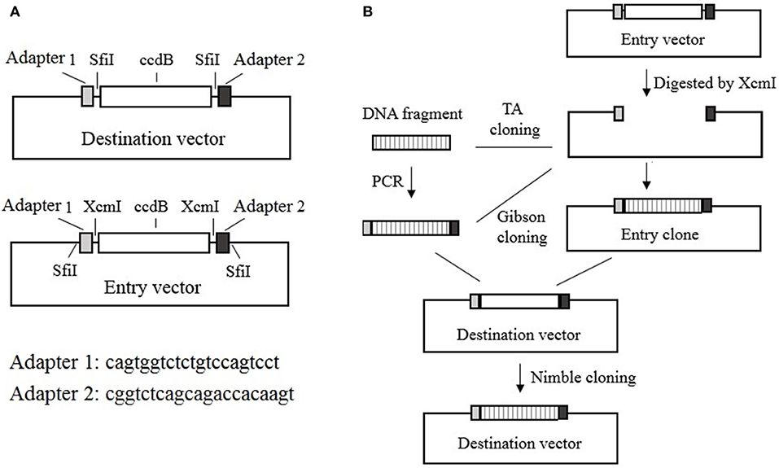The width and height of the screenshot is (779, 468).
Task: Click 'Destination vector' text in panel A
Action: [x=153, y=138]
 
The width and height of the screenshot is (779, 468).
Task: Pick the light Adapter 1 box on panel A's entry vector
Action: [x=86, y=243]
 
